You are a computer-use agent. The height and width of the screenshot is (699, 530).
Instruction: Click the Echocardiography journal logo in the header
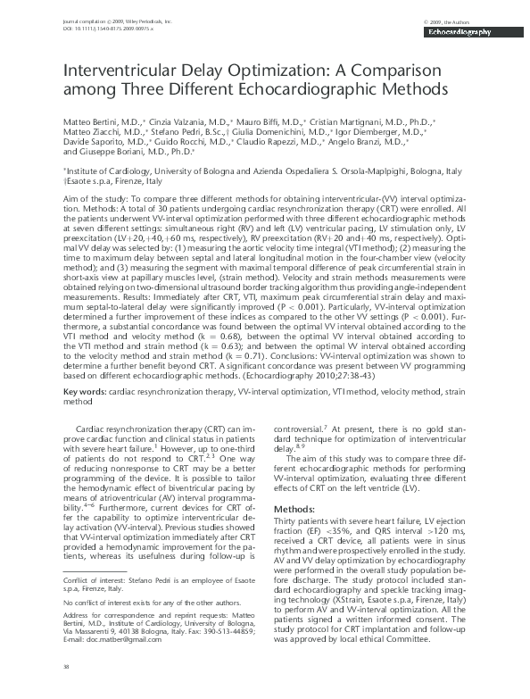(460, 31)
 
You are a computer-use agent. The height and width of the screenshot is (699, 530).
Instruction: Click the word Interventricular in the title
(118, 71)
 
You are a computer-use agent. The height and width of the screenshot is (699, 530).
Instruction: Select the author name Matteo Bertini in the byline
(91, 120)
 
